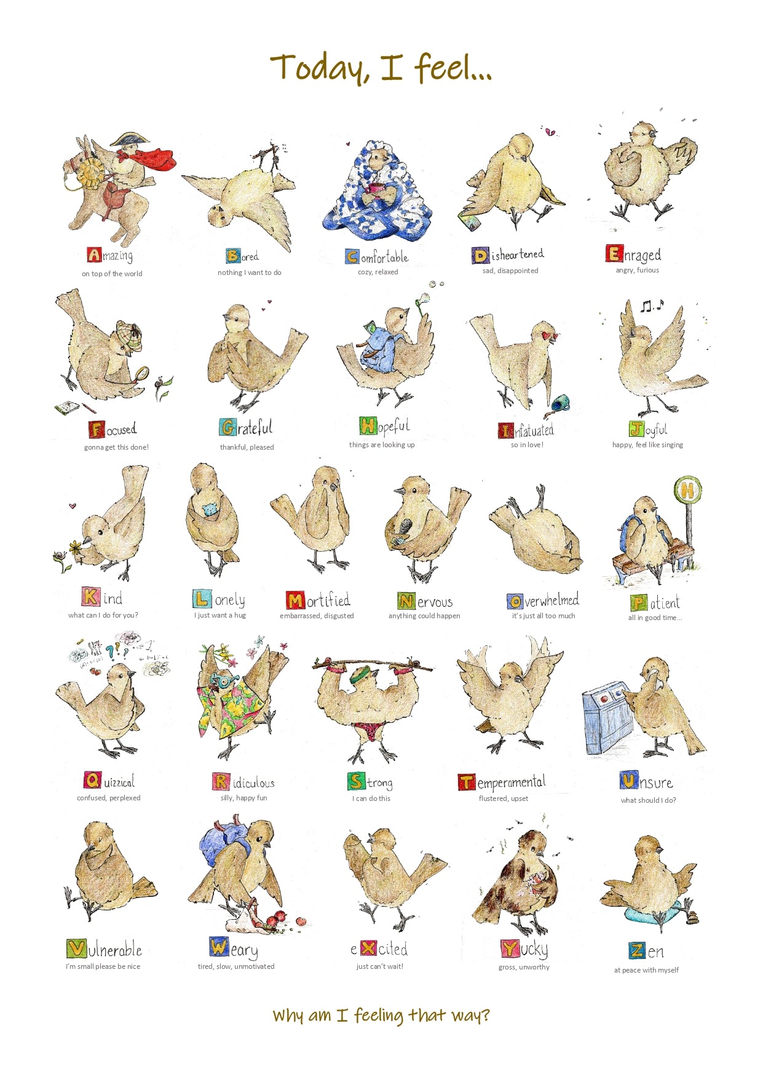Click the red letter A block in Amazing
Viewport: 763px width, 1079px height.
pyautogui.click(x=94, y=255)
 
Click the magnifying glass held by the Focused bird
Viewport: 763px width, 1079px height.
pyautogui.click(x=142, y=373)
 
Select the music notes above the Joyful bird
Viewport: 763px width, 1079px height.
pyautogui.click(x=651, y=305)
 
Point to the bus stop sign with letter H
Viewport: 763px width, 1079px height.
pyautogui.click(x=687, y=490)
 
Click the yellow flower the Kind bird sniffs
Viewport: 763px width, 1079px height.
pyautogui.click(x=76, y=547)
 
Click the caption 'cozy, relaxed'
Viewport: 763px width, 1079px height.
pyautogui.click(x=378, y=272)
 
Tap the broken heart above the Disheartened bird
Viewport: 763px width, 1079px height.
pyautogui.click(x=549, y=132)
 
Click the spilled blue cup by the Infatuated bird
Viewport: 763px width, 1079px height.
pyautogui.click(x=561, y=404)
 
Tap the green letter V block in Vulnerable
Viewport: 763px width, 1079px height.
pyautogui.click(x=76, y=949)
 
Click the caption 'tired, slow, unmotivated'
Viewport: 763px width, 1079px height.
pyautogui.click(x=236, y=966)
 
